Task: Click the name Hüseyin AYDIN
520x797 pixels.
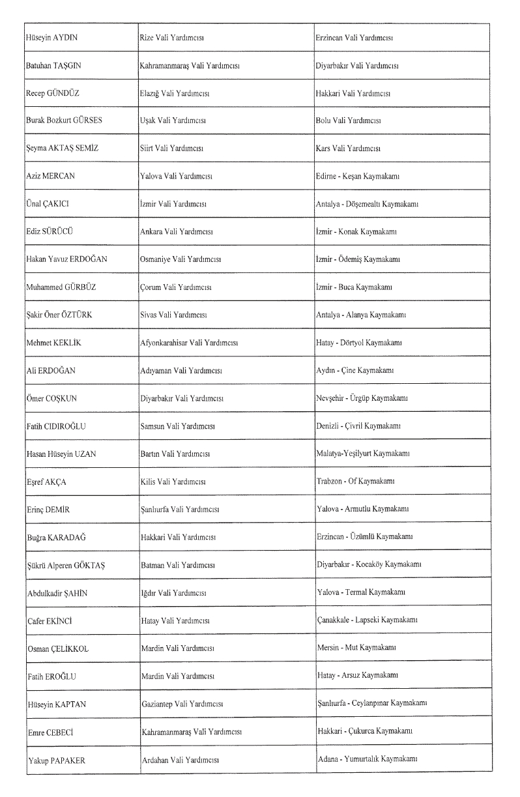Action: [53, 38]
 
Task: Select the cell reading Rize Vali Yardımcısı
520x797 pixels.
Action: [172, 38]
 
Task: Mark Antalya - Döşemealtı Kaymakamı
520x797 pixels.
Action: [367, 204]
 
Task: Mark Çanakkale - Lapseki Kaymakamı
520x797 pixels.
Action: [367, 620]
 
